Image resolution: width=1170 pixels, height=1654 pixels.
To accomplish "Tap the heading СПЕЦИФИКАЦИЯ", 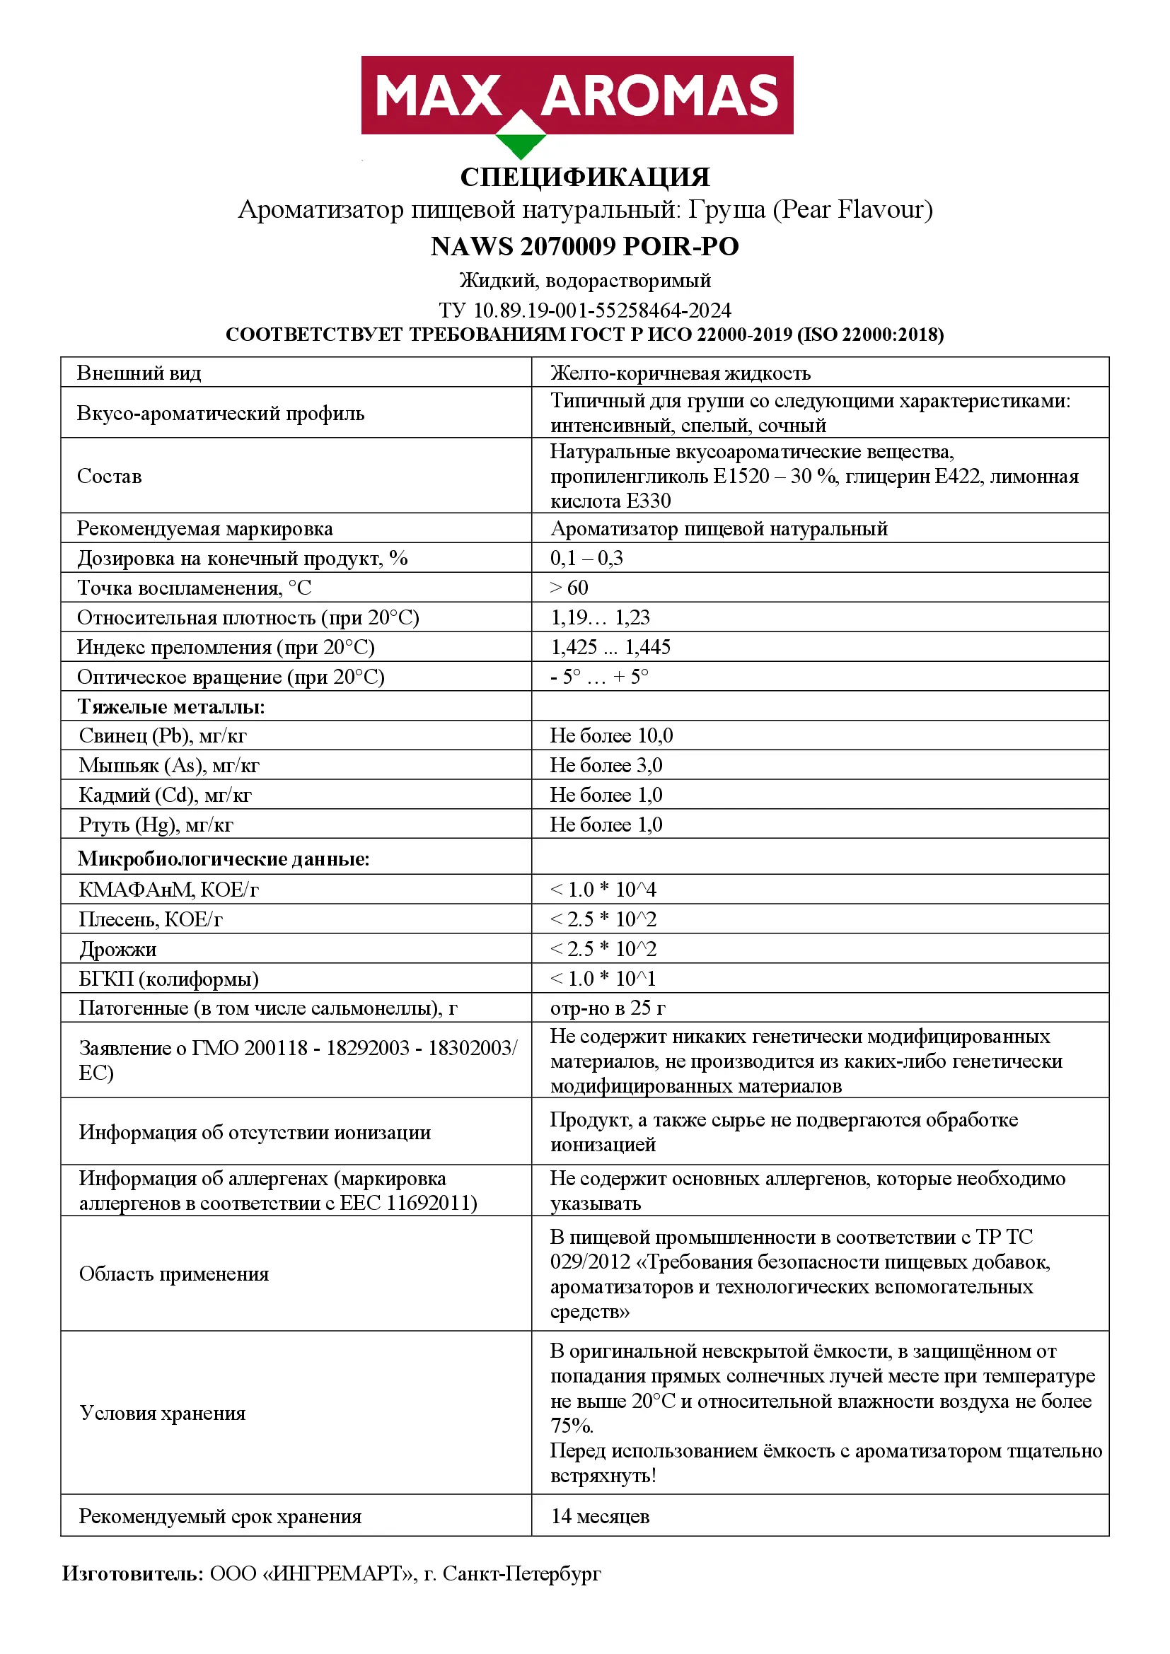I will coord(584,177).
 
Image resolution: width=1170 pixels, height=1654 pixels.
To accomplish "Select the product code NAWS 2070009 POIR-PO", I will coord(584,246).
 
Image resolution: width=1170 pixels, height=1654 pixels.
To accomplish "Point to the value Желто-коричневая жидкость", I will coord(680,373).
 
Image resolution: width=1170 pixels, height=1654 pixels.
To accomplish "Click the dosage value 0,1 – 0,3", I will coord(586,559).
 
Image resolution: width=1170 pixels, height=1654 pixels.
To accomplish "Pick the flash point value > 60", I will coord(569,588).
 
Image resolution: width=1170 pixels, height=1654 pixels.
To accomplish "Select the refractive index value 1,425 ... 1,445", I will coord(610,647).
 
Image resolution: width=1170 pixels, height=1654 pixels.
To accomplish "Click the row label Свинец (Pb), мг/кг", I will coord(162,735).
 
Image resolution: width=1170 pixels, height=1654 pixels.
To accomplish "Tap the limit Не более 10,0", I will coord(611,735).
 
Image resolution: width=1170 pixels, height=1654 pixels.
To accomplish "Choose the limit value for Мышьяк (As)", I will coord(606,765).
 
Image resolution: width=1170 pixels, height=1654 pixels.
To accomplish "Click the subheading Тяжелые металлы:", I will coord(170,706).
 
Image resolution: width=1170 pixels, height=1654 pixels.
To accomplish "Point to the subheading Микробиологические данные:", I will coord(224,858).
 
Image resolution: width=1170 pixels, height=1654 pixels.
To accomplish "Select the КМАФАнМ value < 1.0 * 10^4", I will coord(603,890).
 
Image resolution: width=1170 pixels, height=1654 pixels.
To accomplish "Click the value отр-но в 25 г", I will coord(608,1008).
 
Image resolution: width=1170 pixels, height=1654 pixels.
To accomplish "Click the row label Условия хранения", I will coord(162,1414).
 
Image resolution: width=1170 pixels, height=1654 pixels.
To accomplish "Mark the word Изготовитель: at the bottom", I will coord(132,1574).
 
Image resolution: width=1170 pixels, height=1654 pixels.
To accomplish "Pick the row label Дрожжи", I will coord(117,950).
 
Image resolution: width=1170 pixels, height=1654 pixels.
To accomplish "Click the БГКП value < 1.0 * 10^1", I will coord(603,978).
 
